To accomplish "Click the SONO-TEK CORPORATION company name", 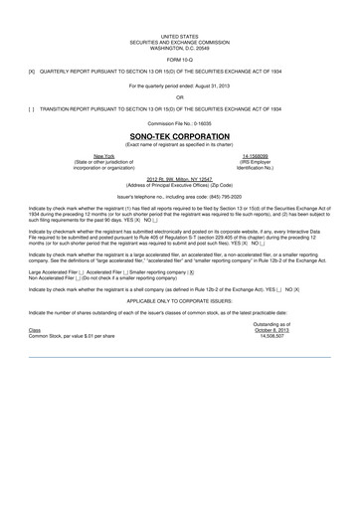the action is [x=180, y=135].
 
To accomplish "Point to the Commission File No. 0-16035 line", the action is [x=180, y=122].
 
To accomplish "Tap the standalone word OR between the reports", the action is [x=180, y=97].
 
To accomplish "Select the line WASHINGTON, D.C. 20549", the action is [x=180, y=47].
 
